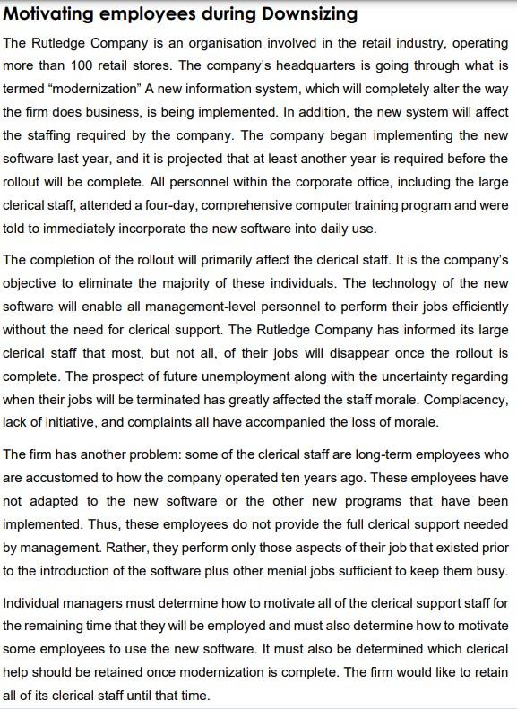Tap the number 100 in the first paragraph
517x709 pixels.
(78, 66)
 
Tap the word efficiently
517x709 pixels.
(478, 307)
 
